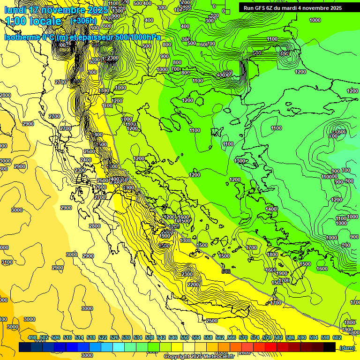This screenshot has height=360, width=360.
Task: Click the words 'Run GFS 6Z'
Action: click(261, 8)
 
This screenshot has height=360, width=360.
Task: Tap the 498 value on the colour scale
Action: click(32, 337)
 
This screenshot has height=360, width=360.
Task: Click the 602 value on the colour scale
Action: click(337, 337)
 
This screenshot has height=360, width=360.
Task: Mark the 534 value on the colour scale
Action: click(138, 337)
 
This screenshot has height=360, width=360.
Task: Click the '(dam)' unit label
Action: click(347, 347)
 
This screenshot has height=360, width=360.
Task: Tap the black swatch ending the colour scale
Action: click(330, 347)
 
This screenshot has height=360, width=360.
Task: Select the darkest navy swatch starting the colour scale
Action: click(25, 347)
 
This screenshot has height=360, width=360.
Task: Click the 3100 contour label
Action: click(7, 262)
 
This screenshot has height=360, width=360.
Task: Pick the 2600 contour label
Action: click(100, 187)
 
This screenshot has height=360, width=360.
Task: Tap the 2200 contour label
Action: click(193, 285)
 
